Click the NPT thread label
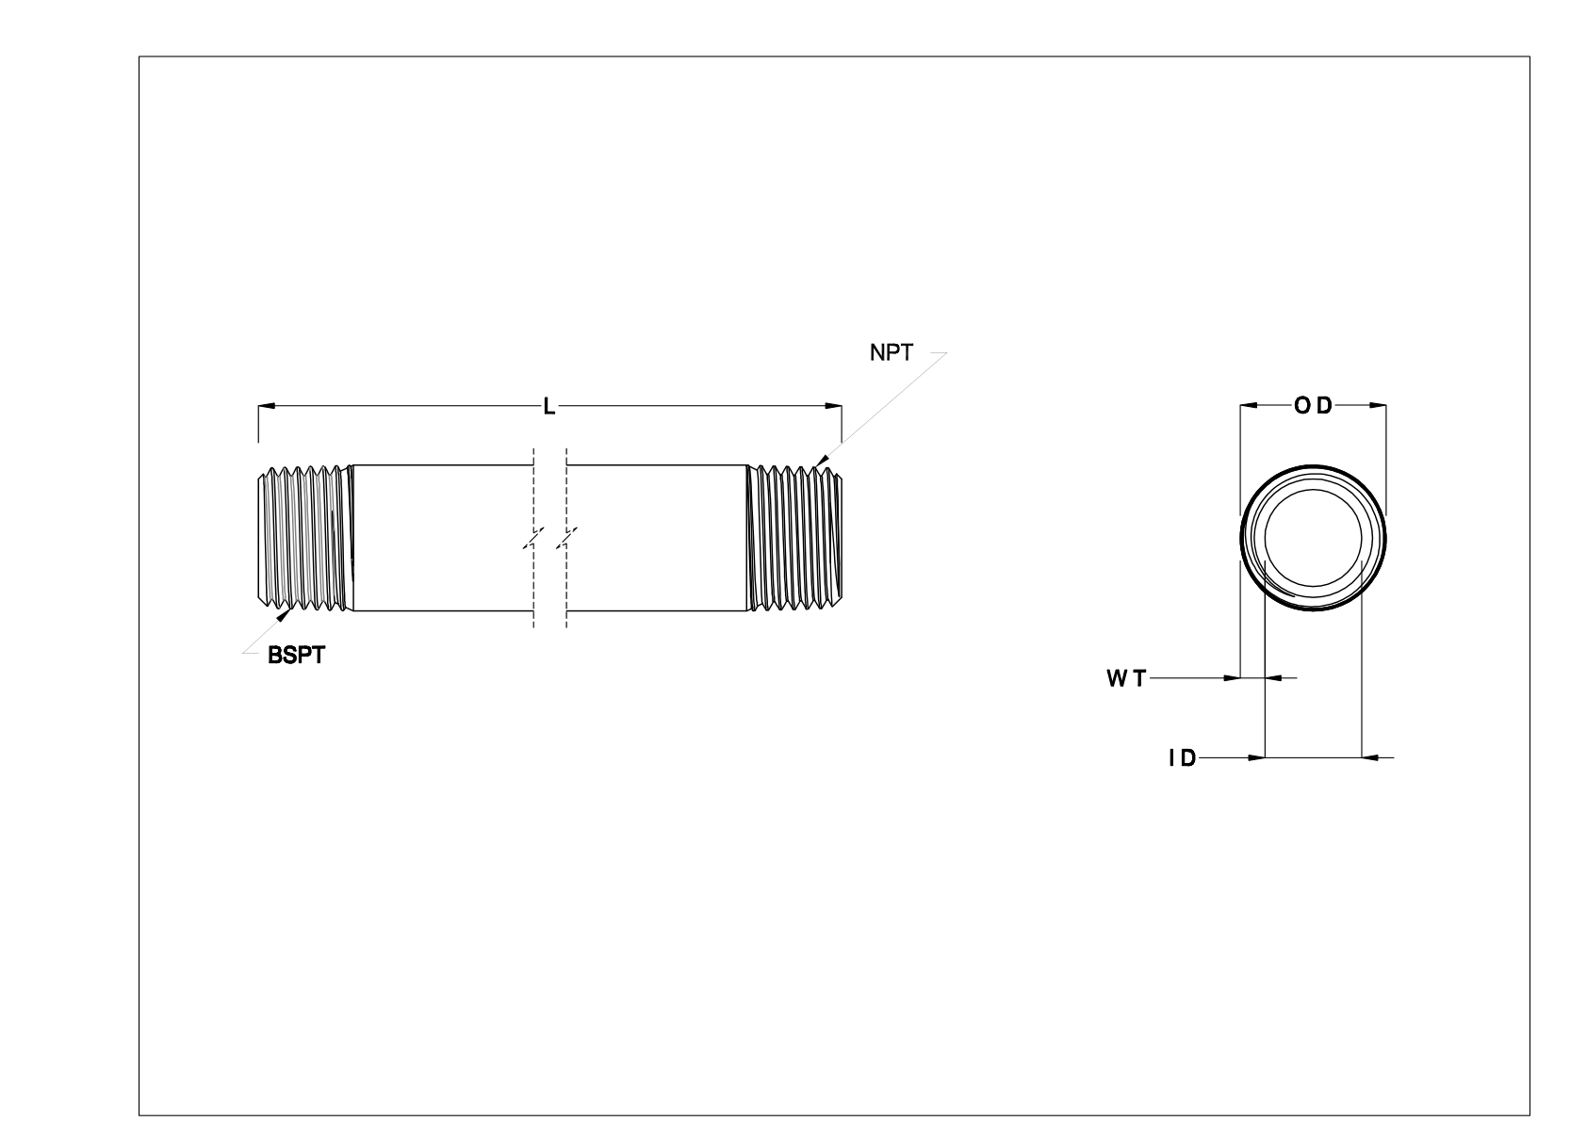point(891,354)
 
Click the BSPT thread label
point(296,657)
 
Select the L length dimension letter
point(549,406)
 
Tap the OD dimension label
point(1313,406)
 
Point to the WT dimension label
point(1126,677)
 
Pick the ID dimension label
point(1182,757)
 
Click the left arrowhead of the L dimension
point(265,406)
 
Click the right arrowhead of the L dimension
point(834,406)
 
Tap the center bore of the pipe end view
point(1313,539)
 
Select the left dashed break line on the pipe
point(534,539)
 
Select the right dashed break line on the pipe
point(566,539)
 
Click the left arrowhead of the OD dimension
point(1247,406)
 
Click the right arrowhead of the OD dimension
point(1379,406)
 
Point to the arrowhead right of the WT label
point(1232,677)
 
